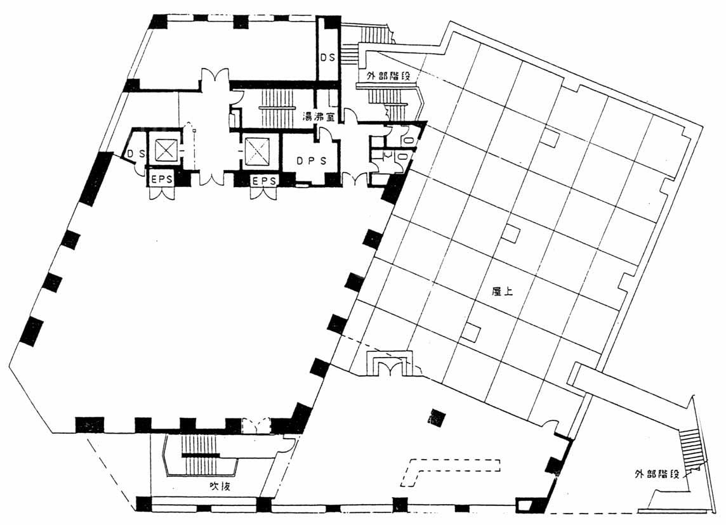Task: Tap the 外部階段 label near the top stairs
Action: point(388,76)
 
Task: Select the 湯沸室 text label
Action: point(319,116)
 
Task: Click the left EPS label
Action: point(162,180)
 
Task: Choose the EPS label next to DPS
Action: point(264,181)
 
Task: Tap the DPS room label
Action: point(311,160)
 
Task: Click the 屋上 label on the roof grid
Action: point(503,292)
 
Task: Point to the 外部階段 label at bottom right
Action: point(657,474)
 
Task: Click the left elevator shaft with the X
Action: point(165,150)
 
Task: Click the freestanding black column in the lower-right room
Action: point(437,418)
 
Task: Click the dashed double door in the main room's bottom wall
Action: point(256,425)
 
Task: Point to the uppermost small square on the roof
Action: point(550,138)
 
